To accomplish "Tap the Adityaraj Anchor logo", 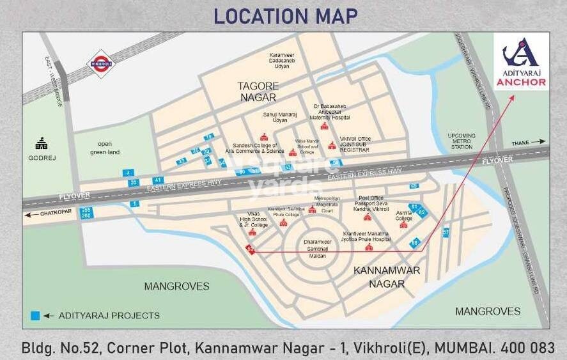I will [x=520, y=61].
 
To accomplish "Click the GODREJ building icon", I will [x=42, y=143].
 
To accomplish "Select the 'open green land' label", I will [x=105, y=148].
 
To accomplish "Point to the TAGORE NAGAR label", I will [x=258, y=91].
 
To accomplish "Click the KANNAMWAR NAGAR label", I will [x=387, y=276].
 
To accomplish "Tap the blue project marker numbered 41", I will [x=158, y=180].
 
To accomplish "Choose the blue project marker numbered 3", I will [x=128, y=173].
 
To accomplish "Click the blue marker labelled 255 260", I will [x=85, y=212].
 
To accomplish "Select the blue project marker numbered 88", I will [x=415, y=242].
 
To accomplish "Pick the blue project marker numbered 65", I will [x=414, y=185].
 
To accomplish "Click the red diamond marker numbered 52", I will [x=251, y=251].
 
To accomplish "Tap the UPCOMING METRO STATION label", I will [x=462, y=141].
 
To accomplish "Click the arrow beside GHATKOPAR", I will [x=29, y=215].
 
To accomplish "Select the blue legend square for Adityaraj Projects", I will [x=36, y=315].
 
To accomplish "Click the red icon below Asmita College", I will [x=403, y=225].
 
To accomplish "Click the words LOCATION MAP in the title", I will [x=285, y=15].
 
